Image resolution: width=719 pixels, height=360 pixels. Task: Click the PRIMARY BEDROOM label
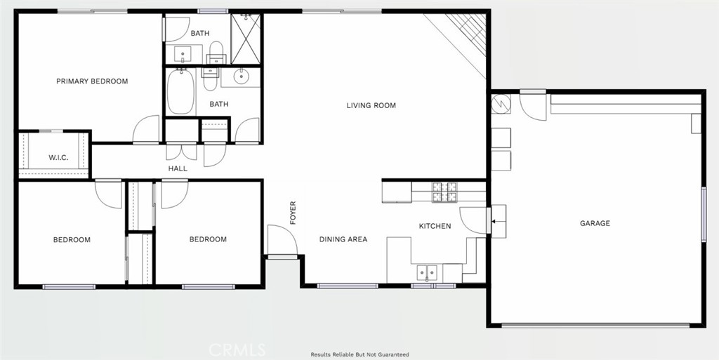tap(92, 81)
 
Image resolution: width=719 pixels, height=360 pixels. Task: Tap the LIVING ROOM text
tap(371, 105)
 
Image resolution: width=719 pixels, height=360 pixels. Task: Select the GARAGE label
tap(595, 224)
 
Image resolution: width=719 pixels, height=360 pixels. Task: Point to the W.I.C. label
tap(58, 158)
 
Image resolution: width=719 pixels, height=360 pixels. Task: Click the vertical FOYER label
tap(293, 213)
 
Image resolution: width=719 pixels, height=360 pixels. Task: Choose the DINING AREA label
tap(343, 239)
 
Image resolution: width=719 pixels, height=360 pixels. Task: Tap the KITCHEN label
tap(435, 226)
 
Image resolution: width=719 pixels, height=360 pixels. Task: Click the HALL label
tap(178, 168)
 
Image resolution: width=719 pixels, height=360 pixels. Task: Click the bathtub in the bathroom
tap(180, 92)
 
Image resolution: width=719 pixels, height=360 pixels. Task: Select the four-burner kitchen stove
tap(444, 192)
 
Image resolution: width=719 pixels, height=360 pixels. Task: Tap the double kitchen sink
tap(427, 274)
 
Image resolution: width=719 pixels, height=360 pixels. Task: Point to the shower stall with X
tap(245, 39)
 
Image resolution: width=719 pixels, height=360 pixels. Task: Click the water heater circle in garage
tap(501, 104)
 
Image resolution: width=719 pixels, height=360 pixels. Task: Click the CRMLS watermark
tap(237, 350)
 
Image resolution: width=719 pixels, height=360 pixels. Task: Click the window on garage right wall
tap(704, 214)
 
